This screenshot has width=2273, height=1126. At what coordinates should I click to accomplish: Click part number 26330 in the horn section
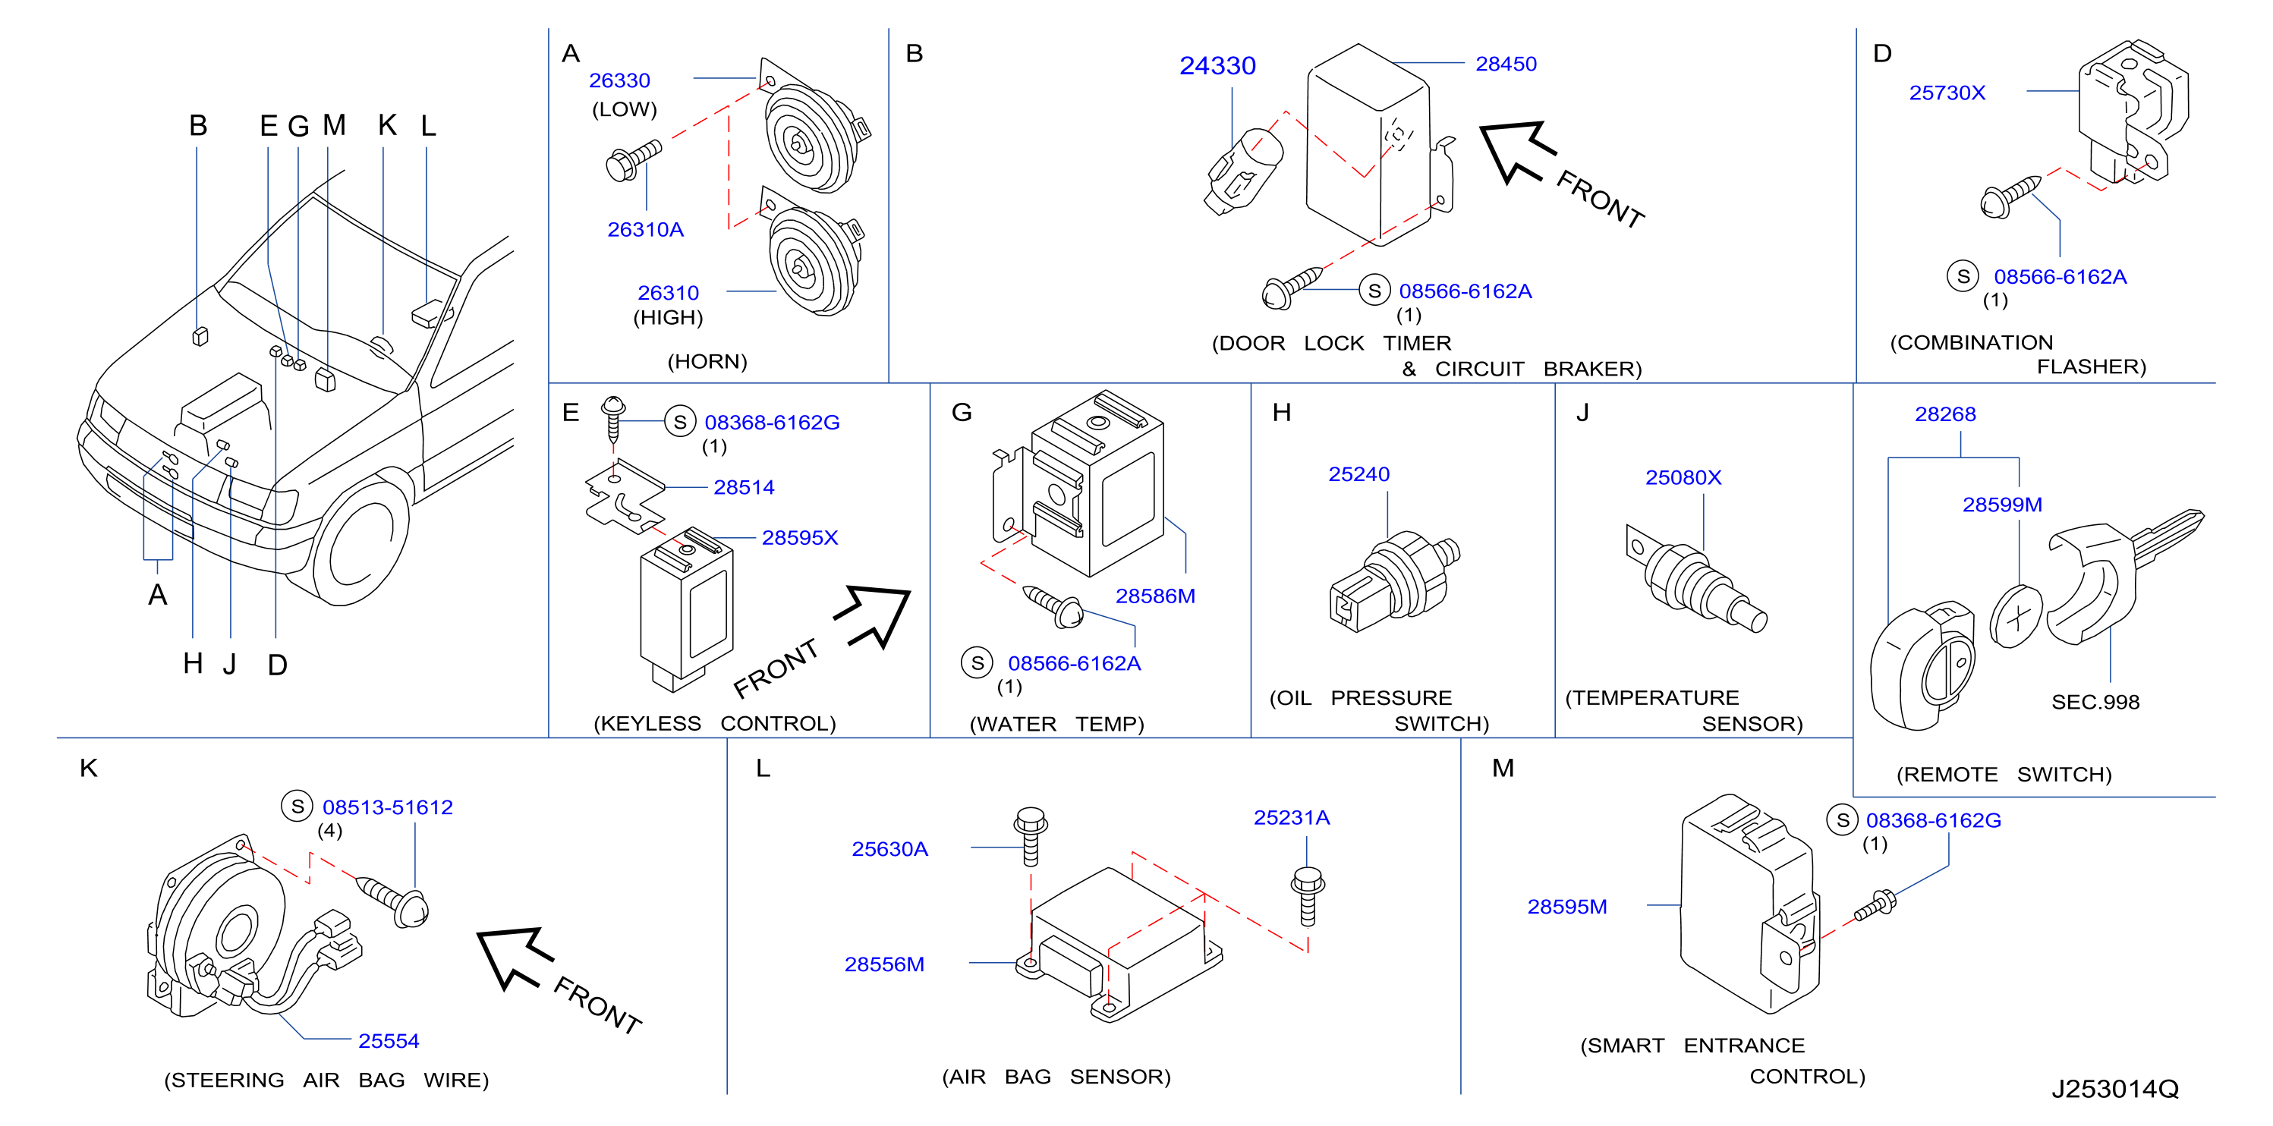pos(619,80)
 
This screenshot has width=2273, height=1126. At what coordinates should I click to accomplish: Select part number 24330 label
pos(1217,65)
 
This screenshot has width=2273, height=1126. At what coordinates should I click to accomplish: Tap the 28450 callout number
pos(1506,64)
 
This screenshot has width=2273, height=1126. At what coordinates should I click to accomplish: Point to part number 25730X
pos(1947,93)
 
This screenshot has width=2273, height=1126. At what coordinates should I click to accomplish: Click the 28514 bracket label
pos(744,487)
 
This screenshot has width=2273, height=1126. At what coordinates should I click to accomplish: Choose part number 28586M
pos(1155,596)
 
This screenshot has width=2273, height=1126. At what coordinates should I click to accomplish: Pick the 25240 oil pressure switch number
pos(1358,474)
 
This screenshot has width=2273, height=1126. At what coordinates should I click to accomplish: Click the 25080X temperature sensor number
pos(1683,477)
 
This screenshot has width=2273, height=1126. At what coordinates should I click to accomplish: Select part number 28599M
pos(2002,504)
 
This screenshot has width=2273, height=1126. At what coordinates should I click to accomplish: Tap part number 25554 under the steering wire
pos(389,1040)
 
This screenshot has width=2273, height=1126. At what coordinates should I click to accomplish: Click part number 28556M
pos(884,964)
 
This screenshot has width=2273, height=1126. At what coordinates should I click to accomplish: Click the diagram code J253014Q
pos(2114,1089)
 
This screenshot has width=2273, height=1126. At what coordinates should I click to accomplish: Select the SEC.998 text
pos(2095,702)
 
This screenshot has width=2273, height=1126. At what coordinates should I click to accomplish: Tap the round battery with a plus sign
pos(2016,616)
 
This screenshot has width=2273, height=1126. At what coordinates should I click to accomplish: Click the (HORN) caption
pos(707,361)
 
